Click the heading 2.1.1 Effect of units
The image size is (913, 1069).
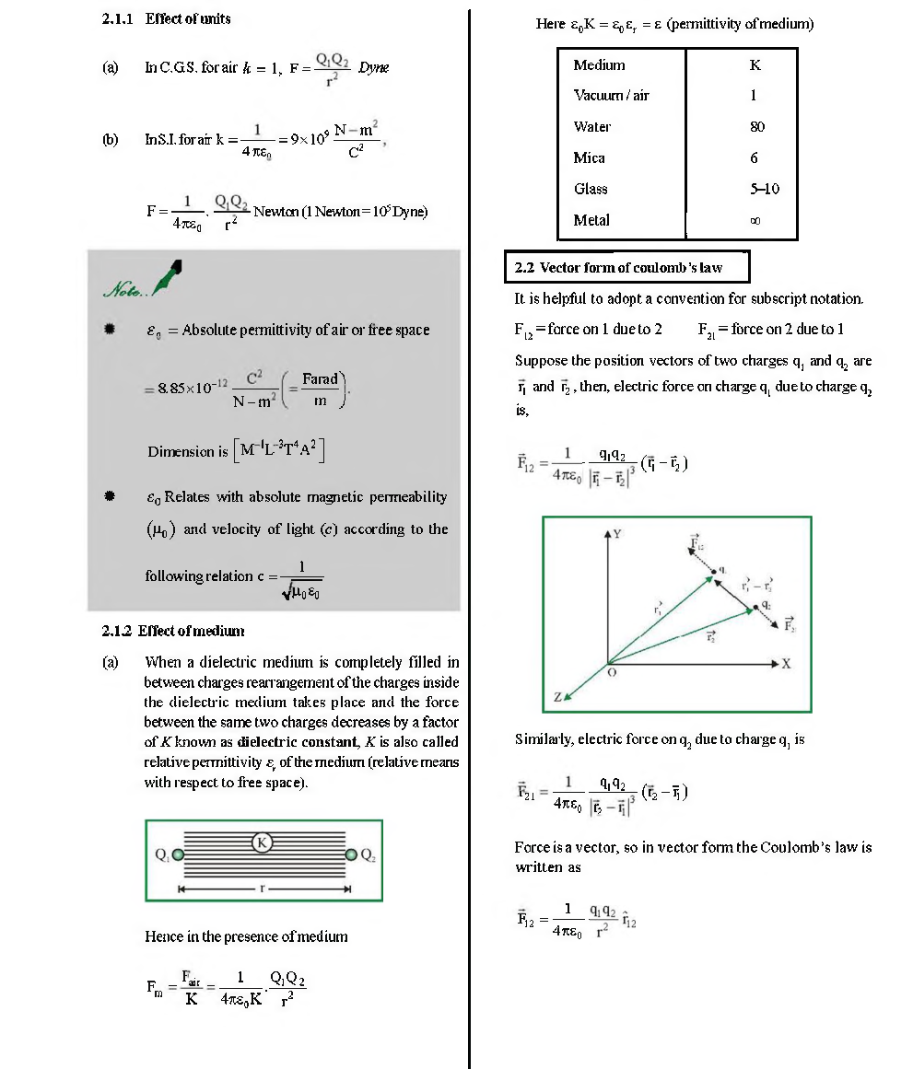coord(166,18)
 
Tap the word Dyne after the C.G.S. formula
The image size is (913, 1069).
coord(373,67)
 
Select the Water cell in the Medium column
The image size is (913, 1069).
coord(591,127)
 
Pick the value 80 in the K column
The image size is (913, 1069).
coord(756,127)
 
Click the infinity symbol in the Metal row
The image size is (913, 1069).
coord(756,221)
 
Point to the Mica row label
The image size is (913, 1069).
coord(589,158)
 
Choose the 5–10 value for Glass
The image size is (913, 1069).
coord(764,190)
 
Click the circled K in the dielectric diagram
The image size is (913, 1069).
coord(262,842)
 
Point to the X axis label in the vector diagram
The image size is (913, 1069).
coord(785,664)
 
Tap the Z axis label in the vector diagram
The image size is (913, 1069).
coord(556,699)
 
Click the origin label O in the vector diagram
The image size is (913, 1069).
coord(610,675)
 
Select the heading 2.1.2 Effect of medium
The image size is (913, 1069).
coord(172,631)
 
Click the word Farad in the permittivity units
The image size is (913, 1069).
coord(320,379)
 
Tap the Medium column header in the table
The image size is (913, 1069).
coord(599,65)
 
